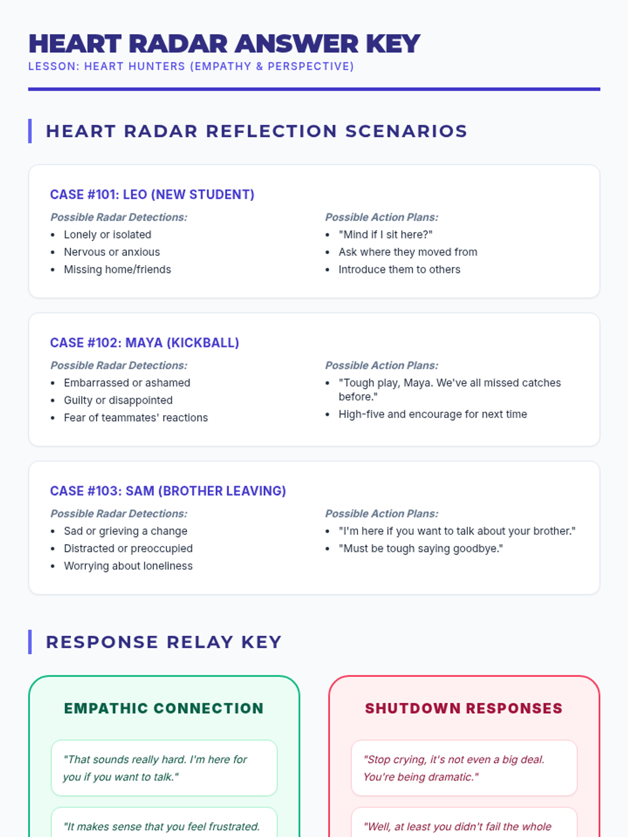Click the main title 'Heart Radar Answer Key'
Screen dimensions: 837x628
click(x=224, y=43)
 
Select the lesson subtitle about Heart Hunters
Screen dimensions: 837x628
click(x=191, y=66)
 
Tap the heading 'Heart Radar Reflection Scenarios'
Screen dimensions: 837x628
click(x=256, y=131)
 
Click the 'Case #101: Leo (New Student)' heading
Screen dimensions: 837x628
click(x=152, y=195)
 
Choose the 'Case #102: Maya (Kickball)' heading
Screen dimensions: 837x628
click(x=144, y=343)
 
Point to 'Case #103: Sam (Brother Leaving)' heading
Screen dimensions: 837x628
click(x=168, y=491)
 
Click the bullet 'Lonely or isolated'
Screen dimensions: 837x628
click(x=107, y=234)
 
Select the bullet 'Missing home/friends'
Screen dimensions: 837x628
click(x=117, y=269)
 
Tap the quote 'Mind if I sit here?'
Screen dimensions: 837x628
click(x=385, y=234)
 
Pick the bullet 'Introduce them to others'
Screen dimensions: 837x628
click(x=399, y=269)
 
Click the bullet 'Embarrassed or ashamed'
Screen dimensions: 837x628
click(x=127, y=382)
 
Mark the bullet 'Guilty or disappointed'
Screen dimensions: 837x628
click(x=118, y=400)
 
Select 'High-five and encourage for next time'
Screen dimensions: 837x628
click(x=432, y=414)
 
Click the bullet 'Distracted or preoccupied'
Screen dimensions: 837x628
click(x=128, y=548)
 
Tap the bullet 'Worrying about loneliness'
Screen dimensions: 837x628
click(x=128, y=565)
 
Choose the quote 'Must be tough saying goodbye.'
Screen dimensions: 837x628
click(x=420, y=548)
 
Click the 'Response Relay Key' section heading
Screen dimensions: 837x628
click(x=164, y=642)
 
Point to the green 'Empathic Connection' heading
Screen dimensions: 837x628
click(x=164, y=708)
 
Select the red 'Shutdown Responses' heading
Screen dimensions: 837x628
click(x=464, y=708)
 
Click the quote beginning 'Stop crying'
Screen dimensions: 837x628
click(x=454, y=768)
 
